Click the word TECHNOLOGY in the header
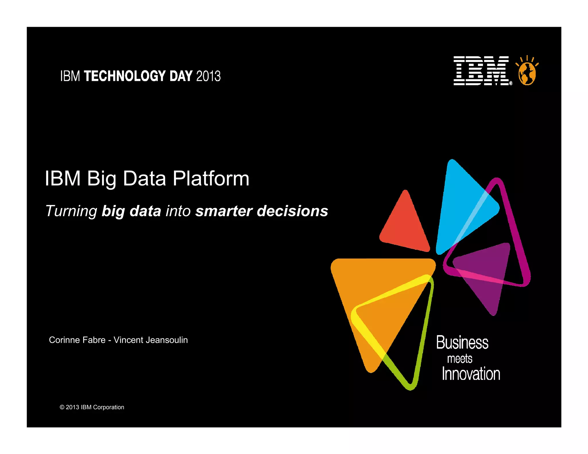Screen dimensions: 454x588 click(125, 76)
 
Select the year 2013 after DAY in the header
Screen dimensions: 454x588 click(208, 76)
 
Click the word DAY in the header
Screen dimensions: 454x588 click(181, 76)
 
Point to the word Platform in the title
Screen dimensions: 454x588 click(211, 179)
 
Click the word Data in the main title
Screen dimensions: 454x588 click(144, 179)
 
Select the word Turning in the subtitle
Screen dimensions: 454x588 click(71, 211)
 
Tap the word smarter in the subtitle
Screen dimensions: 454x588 click(224, 211)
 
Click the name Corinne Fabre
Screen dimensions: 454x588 click(77, 340)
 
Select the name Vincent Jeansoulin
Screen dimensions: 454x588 click(151, 340)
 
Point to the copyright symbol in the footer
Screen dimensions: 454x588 click(62, 407)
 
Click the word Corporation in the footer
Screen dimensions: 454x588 click(109, 407)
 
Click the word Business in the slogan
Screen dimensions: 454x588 click(462, 343)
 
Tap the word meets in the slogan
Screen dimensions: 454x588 click(459, 359)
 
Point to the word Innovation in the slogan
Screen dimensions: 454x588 click(471, 374)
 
